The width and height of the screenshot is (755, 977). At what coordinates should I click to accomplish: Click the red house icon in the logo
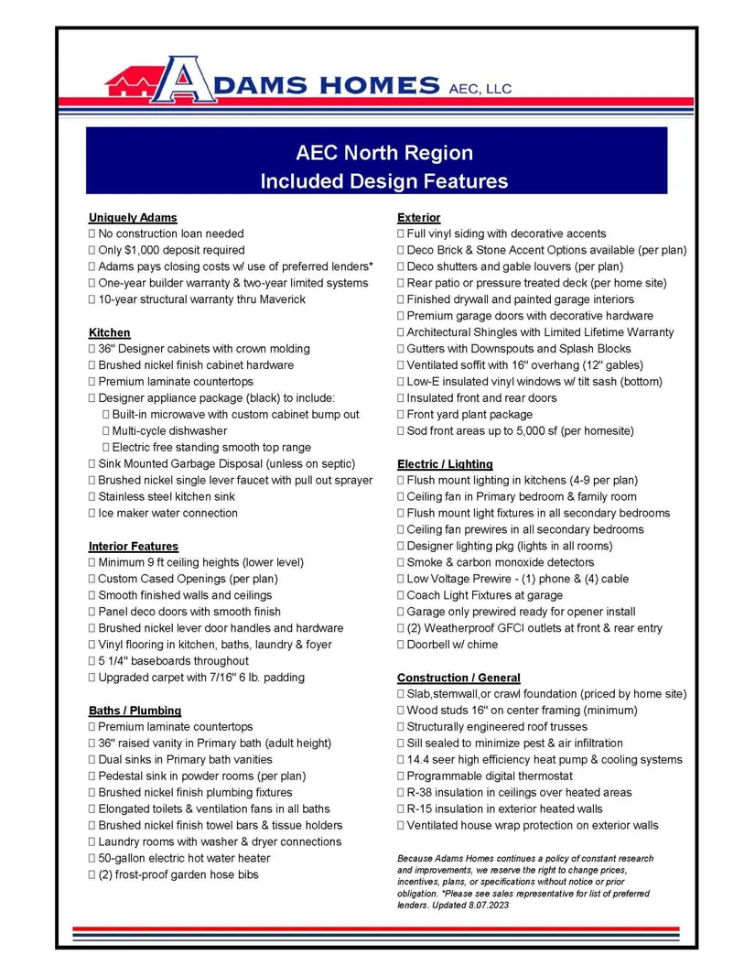tap(132, 84)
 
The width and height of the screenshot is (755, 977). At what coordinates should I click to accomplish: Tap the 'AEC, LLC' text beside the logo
tap(480, 88)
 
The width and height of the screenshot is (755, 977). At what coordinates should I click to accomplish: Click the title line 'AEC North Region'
tap(384, 153)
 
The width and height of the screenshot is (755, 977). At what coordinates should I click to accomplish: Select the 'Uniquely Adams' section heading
tap(133, 218)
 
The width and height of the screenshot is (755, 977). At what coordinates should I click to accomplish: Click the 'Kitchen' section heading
tap(110, 332)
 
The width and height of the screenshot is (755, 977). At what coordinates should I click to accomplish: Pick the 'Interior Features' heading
tap(134, 547)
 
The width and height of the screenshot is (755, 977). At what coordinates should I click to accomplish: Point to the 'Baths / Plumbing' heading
tap(135, 711)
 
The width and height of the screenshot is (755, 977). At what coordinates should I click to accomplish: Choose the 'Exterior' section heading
tap(419, 218)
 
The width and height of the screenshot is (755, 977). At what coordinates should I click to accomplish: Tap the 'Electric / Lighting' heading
tap(445, 464)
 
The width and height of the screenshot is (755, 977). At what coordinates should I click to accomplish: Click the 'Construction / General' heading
tap(458, 678)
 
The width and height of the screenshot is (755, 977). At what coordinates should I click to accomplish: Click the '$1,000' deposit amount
tap(144, 250)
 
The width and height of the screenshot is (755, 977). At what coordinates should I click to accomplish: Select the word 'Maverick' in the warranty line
tap(281, 299)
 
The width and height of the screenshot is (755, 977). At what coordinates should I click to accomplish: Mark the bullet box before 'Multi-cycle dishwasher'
tap(106, 431)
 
